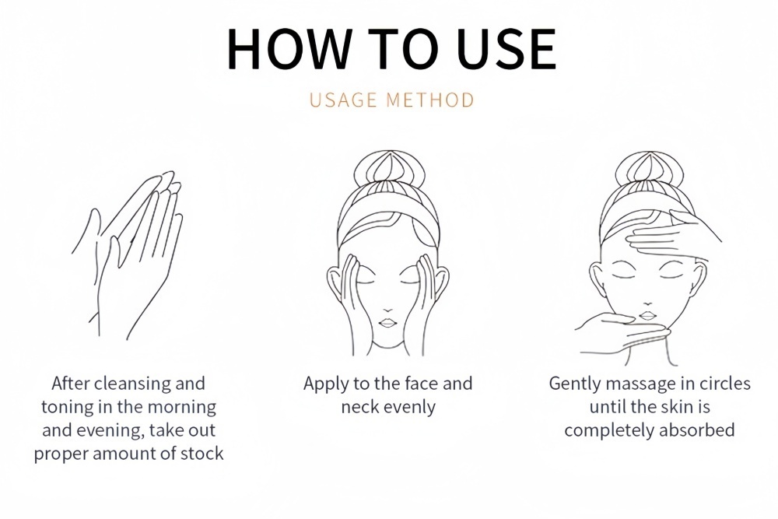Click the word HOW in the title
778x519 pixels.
289,48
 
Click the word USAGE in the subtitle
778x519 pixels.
343,100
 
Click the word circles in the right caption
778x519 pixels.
725,384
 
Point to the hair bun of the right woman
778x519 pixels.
649,169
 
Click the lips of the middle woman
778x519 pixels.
387,323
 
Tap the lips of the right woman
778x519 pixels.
647,316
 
